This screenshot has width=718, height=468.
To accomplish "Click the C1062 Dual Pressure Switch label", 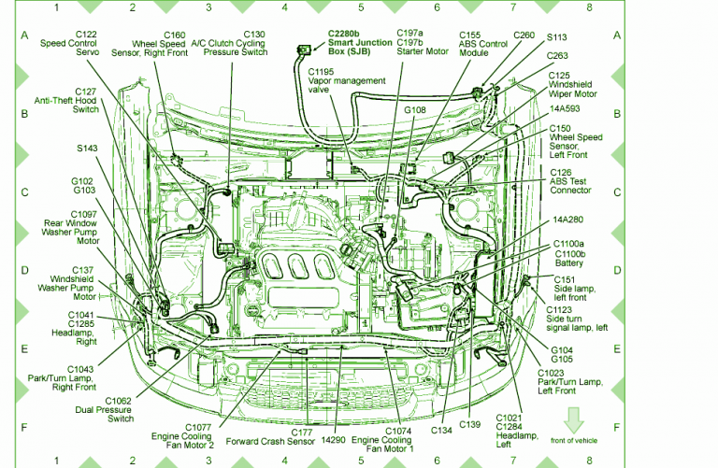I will click(104, 409).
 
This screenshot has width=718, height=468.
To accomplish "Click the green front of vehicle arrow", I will click(572, 418).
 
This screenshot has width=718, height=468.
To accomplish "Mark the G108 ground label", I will click(414, 110).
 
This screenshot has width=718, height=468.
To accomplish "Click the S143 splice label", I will click(89, 148).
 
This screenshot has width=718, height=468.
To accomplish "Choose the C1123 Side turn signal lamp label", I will click(576, 319).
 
